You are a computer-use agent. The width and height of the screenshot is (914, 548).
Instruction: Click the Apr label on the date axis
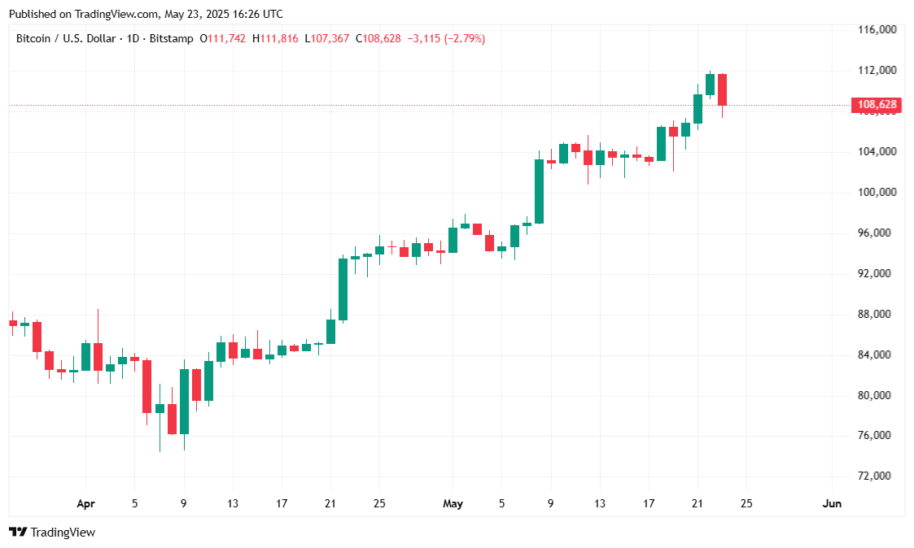tap(85, 504)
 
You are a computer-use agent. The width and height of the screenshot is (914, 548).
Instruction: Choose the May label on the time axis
tap(453, 504)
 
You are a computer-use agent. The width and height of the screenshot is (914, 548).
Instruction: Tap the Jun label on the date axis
tap(832, 504)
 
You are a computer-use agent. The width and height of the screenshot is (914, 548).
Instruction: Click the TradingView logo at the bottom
tap(52, 533)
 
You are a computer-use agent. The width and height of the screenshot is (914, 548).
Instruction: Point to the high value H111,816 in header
tap(275, 38)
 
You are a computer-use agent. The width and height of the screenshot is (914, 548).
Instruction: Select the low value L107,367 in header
tap(327, 38)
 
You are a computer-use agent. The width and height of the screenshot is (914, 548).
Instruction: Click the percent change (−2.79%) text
tap(464, 38)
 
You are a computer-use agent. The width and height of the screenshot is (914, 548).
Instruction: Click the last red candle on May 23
tap(722, 89)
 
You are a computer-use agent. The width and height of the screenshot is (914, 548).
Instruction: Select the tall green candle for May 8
tap(539, 191)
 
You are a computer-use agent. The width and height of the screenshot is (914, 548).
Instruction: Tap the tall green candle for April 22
tap(343, 289)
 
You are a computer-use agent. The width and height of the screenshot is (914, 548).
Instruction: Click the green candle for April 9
tap(184, 401)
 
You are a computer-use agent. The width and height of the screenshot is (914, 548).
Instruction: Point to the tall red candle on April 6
tap(147, 386)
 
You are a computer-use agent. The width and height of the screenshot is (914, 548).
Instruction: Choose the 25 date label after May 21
tap(746, 504)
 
